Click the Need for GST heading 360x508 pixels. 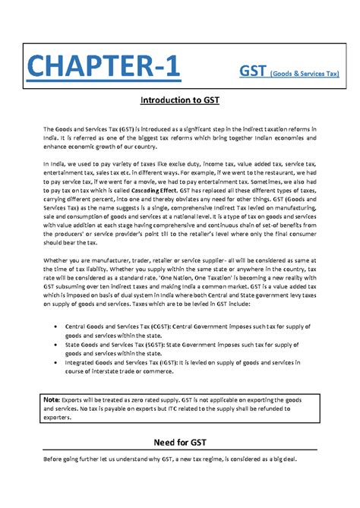(x=179, y=443)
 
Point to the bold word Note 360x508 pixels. (x=52, y=399)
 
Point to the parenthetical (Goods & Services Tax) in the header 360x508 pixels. (x=302, y=73)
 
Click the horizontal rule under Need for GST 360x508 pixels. (x=179, y=453)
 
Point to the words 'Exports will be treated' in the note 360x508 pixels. (x=96, y=399)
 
